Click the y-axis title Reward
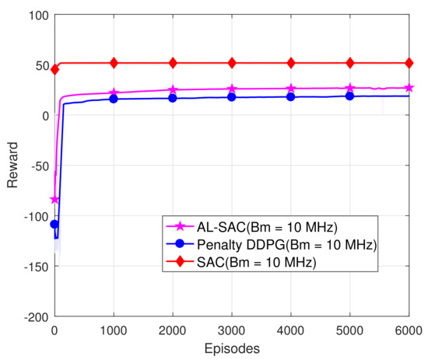pyautogui.click(x=12, y=166)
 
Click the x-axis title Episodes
pyautogui.click(x=232, y=348)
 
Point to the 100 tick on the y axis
pyautogui.click(x=38, y=16)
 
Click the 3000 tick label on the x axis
pyautogui.click(x=232, y=330)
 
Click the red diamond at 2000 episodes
pyautogui.click(x=173, y=63)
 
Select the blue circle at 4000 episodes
pyautogui.click(x=291, y=96)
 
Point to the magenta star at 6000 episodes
pyautogui.click(x=409, y=88)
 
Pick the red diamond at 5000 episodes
pyautogui.click(x=350, y=63)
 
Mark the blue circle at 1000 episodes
pyautogui.click(x=114, y=99)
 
